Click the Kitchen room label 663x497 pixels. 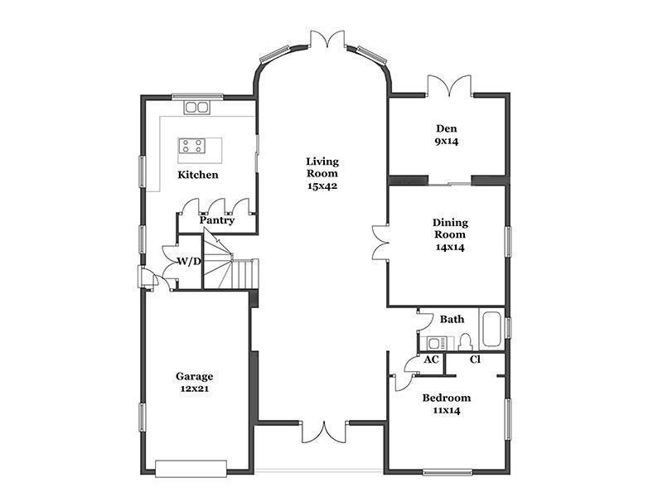[x=198, y=175]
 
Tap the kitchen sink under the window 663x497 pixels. [x=196, y=108]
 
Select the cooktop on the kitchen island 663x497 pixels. [x=191, y=146]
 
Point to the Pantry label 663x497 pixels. [x=217, y=220]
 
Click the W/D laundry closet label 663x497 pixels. [x=189, y=261]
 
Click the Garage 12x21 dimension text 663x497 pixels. [x=195, y=388]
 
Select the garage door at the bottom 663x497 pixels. [x=191, y=469]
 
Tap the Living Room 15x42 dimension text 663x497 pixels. [x=322, y=186]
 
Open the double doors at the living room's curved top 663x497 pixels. [x=327, y=39]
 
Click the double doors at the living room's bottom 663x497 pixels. [x=324, y=432]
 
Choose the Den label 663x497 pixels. [x=447, y=128]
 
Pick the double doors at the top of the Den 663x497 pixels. [x=449, y=85]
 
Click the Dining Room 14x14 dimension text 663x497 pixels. [x=450, y=247]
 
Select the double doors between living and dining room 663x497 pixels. [x=380, y=242]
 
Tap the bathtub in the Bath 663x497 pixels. [x=491, y=329]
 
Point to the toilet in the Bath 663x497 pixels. [x=465, y=341]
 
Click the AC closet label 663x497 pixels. [x=431, y=359]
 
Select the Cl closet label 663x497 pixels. [x=475, y=359]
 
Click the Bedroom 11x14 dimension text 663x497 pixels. [x=447, y=410]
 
